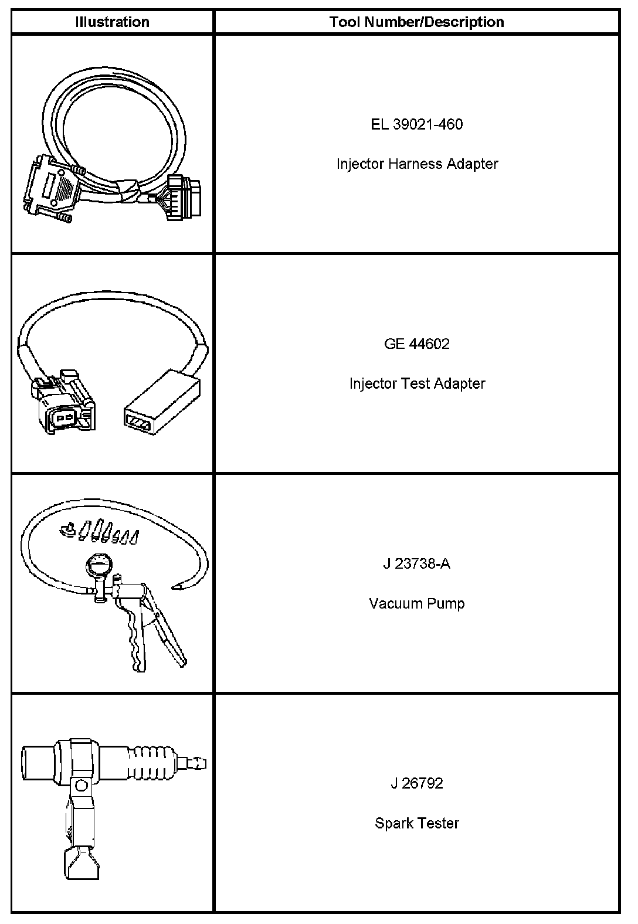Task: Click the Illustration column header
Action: pos(112,22)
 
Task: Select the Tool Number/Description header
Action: pos(416,22)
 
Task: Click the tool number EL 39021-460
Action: pos(416,124)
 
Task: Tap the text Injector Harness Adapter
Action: pos(416,164)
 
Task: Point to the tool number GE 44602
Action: pos(416,344)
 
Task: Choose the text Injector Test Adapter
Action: pos(416,383)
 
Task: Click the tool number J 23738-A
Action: pos(416,564)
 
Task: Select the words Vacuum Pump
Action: pos(416,603)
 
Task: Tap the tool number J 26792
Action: pos(416,783)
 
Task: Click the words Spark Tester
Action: pos(416,823)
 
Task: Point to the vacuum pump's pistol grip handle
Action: pos(135,633)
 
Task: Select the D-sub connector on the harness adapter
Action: pos(50,188)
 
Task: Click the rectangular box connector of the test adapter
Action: pos(162,405)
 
